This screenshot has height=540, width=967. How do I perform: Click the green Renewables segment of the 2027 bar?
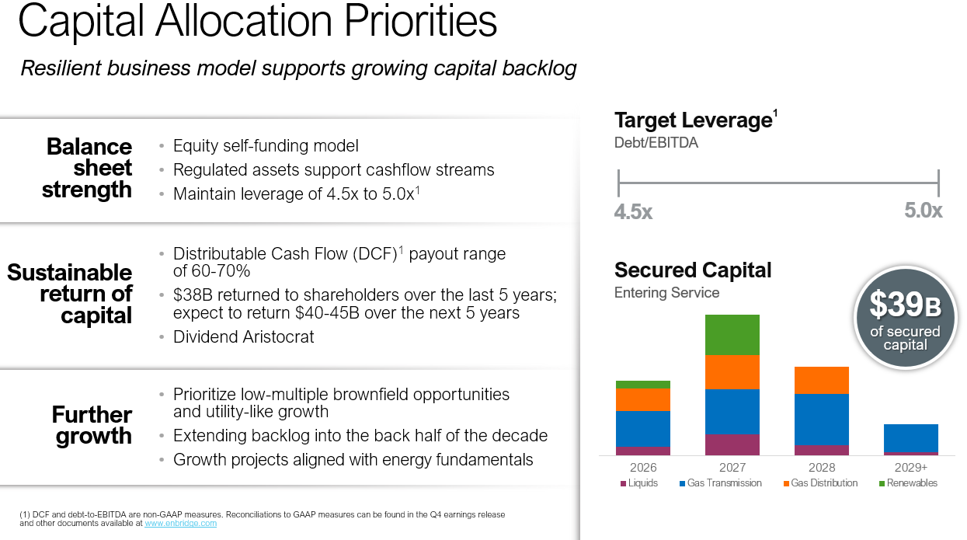(732, 335)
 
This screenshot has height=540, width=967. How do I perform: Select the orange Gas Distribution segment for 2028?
(822, 380)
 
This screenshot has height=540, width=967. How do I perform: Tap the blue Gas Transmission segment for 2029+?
(911, 438)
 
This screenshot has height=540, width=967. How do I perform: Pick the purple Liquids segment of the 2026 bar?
(643, 451)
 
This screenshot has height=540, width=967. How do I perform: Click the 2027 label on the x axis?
(732, 468)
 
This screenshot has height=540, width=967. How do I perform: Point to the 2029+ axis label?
(911, 468)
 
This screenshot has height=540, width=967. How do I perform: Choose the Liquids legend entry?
(639, 483)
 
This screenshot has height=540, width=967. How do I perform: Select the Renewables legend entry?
(908, 483)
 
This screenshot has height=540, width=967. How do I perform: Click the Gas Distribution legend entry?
(821, 483)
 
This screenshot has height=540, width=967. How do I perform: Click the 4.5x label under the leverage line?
(633, 211)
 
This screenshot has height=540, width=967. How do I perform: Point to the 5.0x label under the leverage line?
(924, 211)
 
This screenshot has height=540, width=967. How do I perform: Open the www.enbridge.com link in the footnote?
(180, 523)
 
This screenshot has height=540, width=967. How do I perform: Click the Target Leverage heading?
(695, 120)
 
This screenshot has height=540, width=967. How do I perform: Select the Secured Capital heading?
(693, 270)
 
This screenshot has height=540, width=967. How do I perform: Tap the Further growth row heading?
(92, 425)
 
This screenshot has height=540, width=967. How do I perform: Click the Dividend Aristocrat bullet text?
(243, 337)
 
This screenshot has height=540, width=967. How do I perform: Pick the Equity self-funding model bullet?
(266, 145)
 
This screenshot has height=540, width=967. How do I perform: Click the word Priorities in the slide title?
(420, 22)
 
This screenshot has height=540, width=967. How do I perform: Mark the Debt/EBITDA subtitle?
(656, 142)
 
